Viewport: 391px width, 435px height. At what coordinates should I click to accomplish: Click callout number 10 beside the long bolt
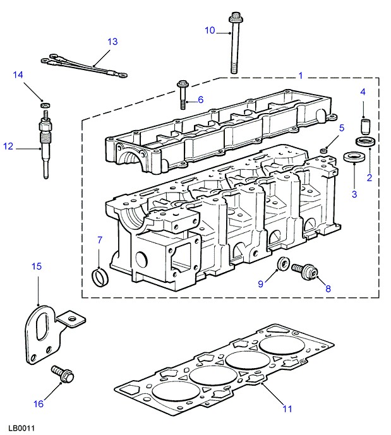coord(210,30)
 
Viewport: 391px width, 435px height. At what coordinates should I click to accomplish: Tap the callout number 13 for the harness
coord(112,42)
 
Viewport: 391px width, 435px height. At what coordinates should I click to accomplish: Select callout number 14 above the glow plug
coord(18,76)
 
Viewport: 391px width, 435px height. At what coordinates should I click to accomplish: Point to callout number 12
coord(8,146)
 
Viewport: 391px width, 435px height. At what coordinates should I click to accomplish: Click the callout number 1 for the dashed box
coord(301,76)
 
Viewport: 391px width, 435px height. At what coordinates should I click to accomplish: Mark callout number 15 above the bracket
coord(37,267)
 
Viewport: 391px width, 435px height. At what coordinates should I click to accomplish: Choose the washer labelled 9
coord(284,265)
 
